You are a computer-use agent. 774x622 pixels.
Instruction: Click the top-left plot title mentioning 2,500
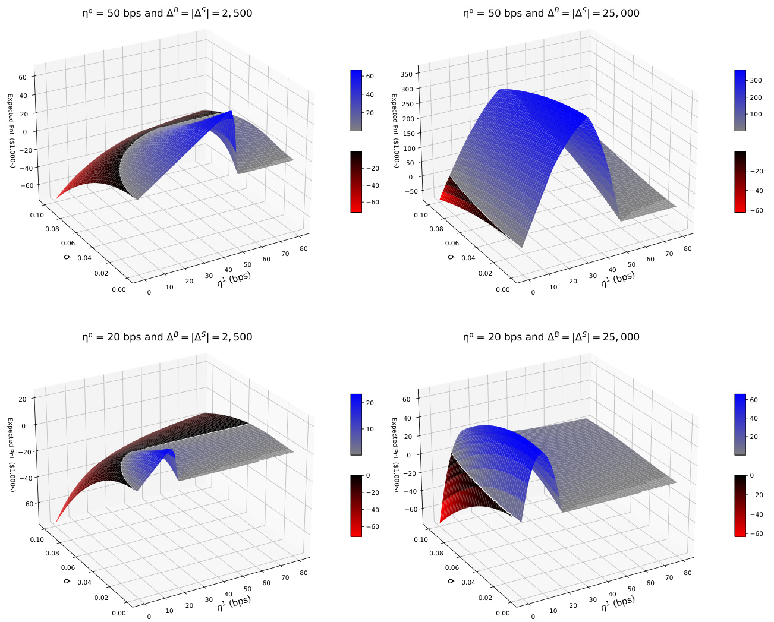pyautogui.click(x=167, y=13)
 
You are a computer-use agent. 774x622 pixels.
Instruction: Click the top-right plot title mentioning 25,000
pyautogui.click(x=551, y=13)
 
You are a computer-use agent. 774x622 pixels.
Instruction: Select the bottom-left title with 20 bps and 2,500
pyautogui.click(x=167, y=337)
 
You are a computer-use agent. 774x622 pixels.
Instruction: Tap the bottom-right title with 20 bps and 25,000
pyautogui.click(x=551, y=337)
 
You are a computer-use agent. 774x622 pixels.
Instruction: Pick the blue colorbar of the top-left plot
pyautogui.click(x=356, y=100)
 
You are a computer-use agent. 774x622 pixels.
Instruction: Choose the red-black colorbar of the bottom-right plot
pyautogui.click(x=740, y=506)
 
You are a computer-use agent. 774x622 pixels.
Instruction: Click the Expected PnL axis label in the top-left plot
pyautogui.click(x=11, y=130)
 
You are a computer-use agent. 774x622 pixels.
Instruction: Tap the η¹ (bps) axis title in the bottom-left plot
pyautogui.click(x=234, y=603)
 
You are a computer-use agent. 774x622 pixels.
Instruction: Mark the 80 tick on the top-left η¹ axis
pyautogui.click(x=304, y=248)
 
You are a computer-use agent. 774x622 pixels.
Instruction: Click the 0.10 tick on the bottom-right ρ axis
pyautogui.click(x=420, y=539)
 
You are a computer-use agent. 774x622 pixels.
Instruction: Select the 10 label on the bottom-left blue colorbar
pyautogui.click(x=369, y=429)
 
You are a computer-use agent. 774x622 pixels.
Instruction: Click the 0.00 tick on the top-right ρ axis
pyautogui.click(x=503, y=289)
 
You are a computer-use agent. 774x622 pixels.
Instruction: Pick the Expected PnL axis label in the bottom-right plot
pyautogui.click(x=395, y=454)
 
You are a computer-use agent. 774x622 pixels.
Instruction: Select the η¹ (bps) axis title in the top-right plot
pyautogui.click(x=618, y=279)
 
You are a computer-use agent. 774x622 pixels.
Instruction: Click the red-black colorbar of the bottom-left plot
pyautogui.click(x=356, y=506)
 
